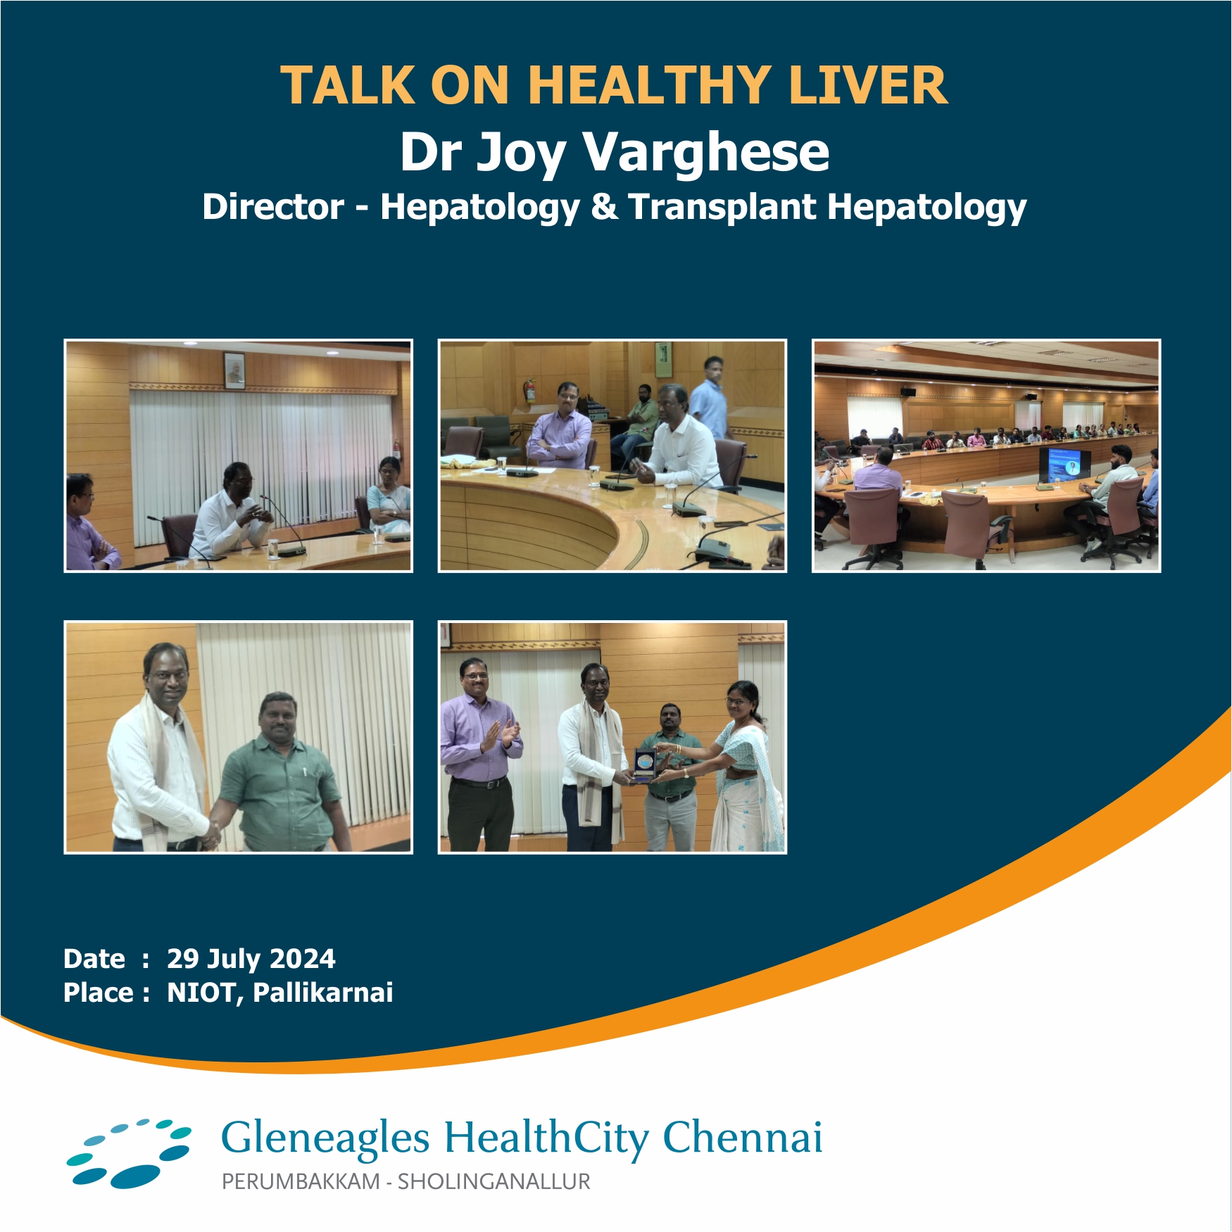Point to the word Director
click(x=273, y=207)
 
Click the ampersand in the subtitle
click(x=604, y=207)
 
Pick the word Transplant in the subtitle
click(x=722, y=208)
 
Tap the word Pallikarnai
click(x=322, y=993)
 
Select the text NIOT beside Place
click(x=203, y=993)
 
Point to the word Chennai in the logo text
click(x=743, y=1138)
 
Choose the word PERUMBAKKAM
click(x=301, y=1181)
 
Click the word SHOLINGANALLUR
click(x=494, y=1181)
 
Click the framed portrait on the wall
click(x=234, y=370)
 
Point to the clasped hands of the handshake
click(x=210, y=836)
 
